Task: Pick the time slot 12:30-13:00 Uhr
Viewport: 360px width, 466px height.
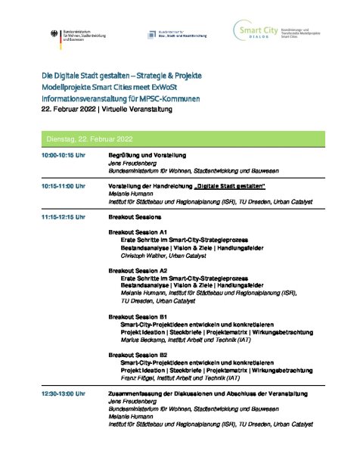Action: [x=64, y=393]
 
